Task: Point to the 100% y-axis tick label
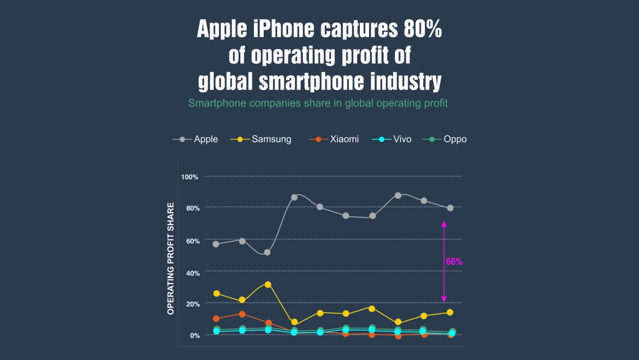point(189,177)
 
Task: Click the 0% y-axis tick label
point(194,336)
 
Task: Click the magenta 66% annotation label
point(454,262)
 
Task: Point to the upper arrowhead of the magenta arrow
point(444,224)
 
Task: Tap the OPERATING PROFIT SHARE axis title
point(171,258)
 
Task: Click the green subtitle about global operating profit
point(318,104)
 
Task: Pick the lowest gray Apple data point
point(267,252)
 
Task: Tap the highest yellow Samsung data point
point(268,285)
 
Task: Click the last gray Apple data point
point(450,208)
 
